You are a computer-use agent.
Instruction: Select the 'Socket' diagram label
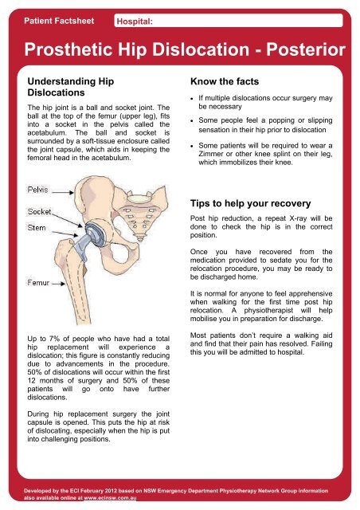tap(41, 212)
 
